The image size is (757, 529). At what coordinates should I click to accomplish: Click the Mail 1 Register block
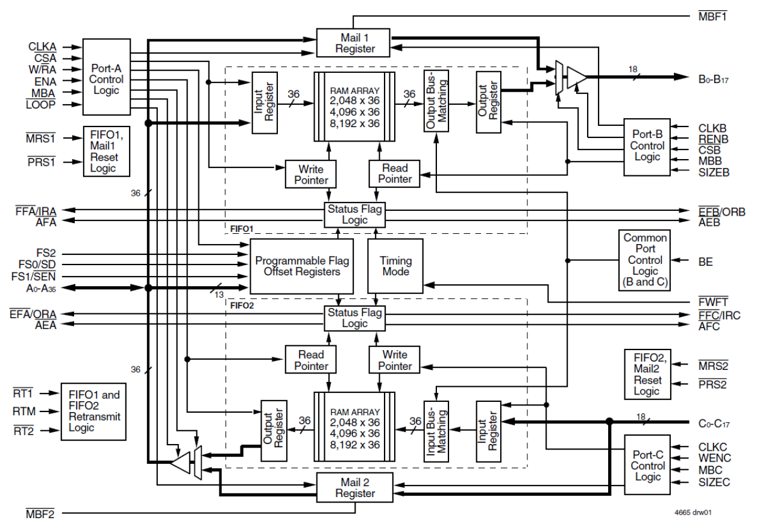pyautogui.click(x=355, y=43)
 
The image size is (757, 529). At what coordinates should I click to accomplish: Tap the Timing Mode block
pyautogui.click(x=395, y=266)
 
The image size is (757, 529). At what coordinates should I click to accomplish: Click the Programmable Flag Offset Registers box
pyautogui.click(x=302, y=266)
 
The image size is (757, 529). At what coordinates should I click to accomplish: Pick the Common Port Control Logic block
pyautogui.click(x=645, y=260)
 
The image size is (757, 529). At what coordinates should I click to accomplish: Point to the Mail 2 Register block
pyautogui.click(x=355, y=487)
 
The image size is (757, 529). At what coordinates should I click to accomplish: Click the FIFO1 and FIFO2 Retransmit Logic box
pyautogui.click(x=94, y=411)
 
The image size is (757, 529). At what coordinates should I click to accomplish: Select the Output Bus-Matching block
pyautogui.click(x=436, y=102)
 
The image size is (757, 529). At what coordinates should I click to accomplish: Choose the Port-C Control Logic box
pyautogui.click(x=648, y=466)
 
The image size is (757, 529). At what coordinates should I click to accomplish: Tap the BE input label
pyautogui.click(x=705, y=261)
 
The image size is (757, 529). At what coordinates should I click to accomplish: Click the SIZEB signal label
pyautogui.click(x=714, y=173)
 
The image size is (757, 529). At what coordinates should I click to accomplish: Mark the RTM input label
pyautogui.click(x=24, y=412)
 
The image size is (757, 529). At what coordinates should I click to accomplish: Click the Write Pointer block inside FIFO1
pyautogui.click(x=312, y=174)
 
